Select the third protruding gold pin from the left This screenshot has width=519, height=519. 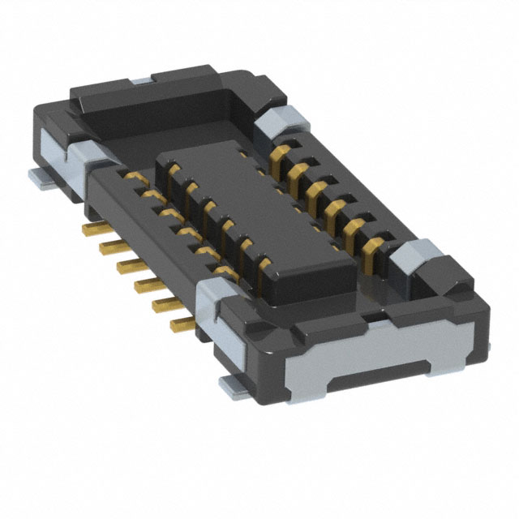click(126, 265)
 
